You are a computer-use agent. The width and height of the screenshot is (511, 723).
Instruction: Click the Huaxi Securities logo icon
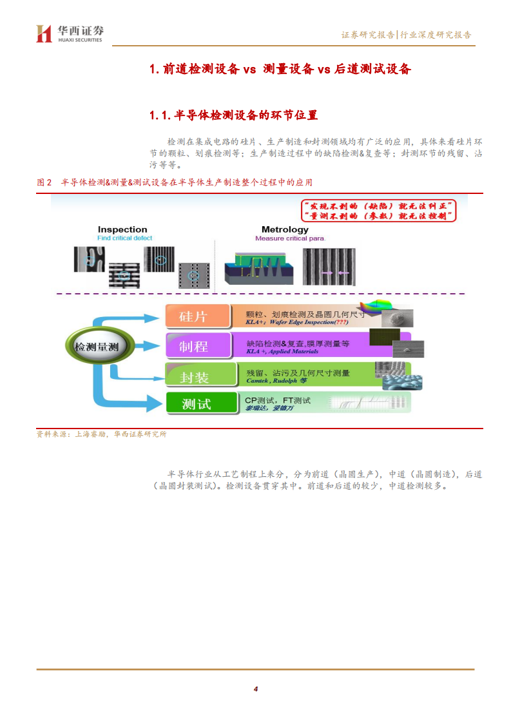tap(44, 34)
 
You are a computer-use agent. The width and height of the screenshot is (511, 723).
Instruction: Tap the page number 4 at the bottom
tap(256, 689)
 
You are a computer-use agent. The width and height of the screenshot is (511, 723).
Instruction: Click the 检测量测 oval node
tap(97, 346)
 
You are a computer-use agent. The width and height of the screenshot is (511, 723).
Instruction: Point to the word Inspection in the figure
tap(122, 229)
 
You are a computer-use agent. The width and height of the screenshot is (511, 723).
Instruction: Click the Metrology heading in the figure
tap(285, 229)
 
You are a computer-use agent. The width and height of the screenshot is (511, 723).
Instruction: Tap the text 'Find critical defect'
tap(125, 238)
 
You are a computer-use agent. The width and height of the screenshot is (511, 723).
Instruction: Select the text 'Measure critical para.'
tap(291, 238)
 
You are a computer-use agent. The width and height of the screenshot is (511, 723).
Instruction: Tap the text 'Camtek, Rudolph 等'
tap(276, 381)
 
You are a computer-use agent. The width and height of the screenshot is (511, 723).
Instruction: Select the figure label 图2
tap(44, 182)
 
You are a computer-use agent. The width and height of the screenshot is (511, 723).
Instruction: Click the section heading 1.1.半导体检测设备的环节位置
tap(233, 115)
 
